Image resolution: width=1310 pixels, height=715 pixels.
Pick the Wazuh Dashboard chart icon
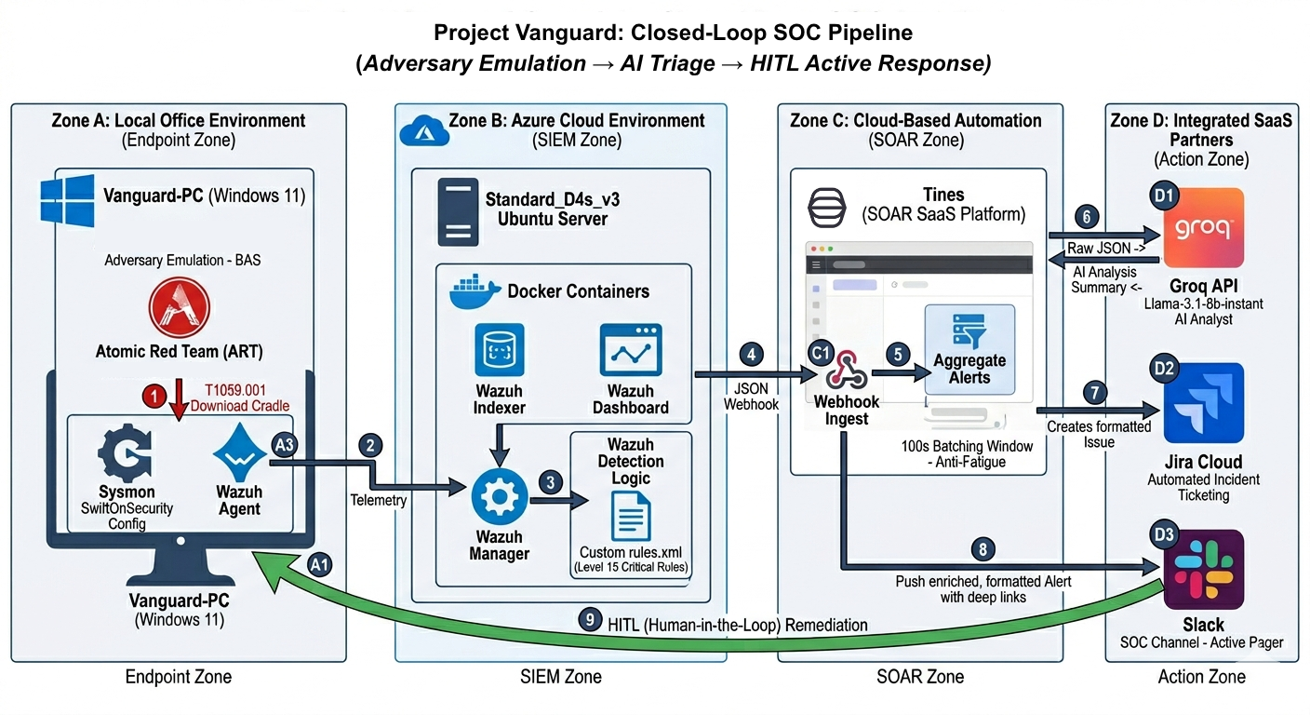[631, 350]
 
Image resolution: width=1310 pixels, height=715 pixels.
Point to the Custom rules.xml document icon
[630, 515]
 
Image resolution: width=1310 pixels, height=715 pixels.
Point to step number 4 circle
[753, 355]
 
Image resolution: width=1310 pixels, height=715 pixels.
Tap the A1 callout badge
[319, 564]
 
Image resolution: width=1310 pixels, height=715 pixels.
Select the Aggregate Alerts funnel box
[969, 350]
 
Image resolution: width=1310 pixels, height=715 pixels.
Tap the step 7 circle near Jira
[1097, 393]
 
